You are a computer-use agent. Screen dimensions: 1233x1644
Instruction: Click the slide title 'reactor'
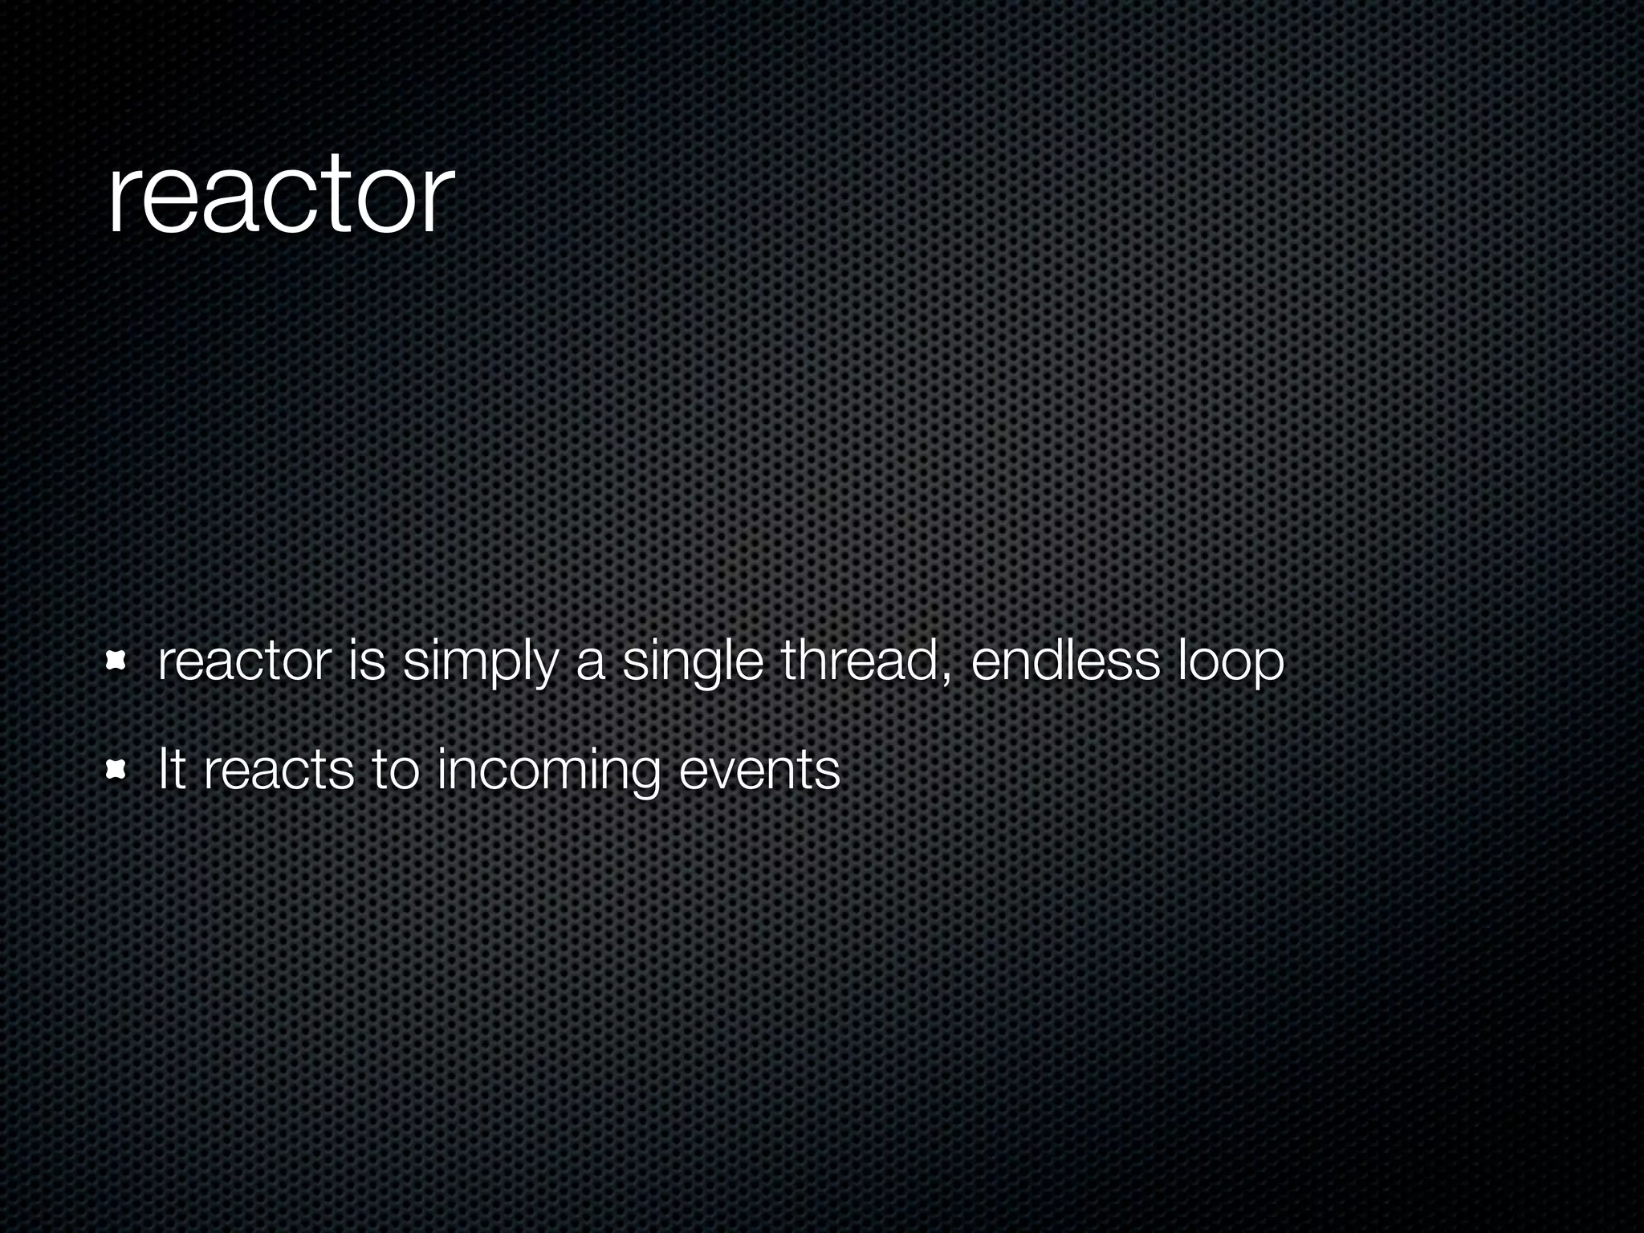tap(280, 197)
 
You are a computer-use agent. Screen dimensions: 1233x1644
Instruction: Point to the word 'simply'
tap(479, 666)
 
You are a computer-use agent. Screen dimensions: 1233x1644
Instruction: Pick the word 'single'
tap(692, 666)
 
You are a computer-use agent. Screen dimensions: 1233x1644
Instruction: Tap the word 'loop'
tap(1230, 666)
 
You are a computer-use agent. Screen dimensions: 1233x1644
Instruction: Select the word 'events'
tap(759, 771)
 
